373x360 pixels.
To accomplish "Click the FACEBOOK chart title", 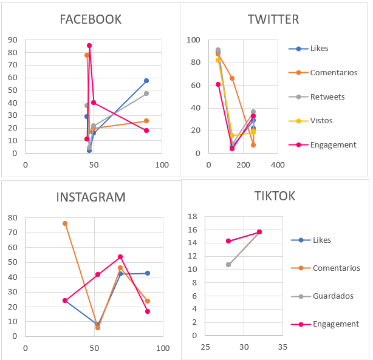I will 91,19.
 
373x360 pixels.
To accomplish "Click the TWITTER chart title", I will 273,19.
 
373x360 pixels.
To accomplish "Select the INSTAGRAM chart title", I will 91,197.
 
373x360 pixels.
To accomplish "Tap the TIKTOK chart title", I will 275,196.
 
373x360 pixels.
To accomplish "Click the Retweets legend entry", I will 327,97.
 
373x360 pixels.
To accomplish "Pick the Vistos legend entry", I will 321,121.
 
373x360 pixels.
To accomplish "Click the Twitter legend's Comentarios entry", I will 334,73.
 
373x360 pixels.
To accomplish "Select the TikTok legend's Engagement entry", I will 336,324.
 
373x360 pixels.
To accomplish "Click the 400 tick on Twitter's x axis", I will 277,165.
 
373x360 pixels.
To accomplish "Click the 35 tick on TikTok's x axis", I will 281,347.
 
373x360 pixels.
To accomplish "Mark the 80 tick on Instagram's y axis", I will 12,218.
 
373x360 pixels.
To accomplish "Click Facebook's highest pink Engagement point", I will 89,46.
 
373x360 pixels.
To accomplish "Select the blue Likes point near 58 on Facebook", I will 146,81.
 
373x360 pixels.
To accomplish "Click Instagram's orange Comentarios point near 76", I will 65,223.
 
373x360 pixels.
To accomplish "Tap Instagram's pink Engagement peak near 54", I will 120,257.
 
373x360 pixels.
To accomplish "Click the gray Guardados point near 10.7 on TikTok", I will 228,265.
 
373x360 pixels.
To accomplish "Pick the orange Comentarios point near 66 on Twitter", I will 232,78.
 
